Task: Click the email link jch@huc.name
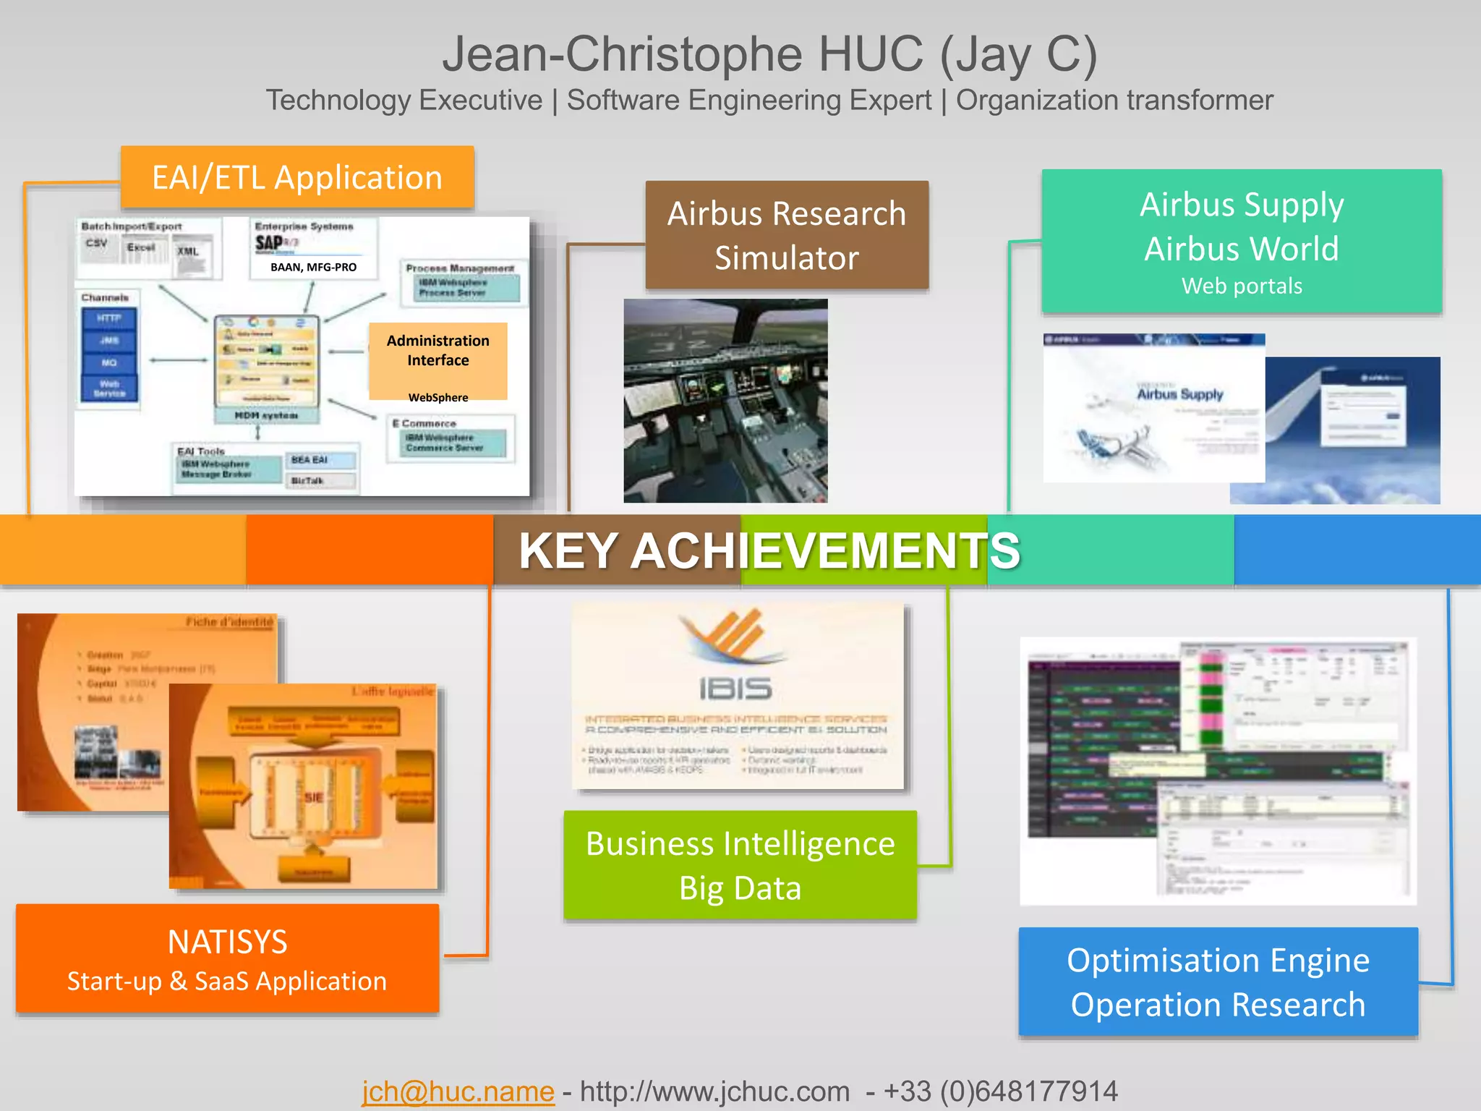coord(458,1091)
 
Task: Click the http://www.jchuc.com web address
coord(714,1091)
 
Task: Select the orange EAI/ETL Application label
coord(297,178)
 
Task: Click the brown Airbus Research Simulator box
coord(787,235)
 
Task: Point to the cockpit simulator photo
coord(725,401)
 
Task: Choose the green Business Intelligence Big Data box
coord(740,865)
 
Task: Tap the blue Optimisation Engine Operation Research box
coord(1218,982)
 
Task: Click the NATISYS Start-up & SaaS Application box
coord(227,959)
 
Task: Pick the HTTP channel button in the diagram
coord(109,318)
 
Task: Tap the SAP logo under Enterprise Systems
coord(269,243)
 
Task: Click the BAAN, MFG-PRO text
coord(313,267)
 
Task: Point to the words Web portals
coord(1242,286)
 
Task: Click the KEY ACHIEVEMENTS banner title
coord(769,551)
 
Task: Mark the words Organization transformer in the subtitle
coord(1114,101)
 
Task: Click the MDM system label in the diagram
coord(266,416)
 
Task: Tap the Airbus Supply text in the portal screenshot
coord(1179,394)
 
